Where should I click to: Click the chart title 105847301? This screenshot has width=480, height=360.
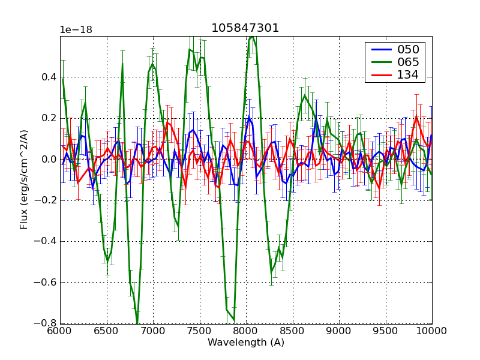(245, 28)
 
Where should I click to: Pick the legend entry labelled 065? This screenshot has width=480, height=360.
(407, 62)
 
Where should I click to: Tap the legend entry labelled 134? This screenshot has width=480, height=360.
(407, 75)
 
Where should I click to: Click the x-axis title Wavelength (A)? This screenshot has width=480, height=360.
(246, 343)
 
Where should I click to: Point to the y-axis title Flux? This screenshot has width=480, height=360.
(24, 180)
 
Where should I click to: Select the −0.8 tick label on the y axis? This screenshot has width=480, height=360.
(44, 323)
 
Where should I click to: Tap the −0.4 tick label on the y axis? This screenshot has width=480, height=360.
(44, 241)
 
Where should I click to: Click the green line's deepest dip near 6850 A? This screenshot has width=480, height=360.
(137, 323)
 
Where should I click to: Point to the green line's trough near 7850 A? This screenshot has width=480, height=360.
(233, 321)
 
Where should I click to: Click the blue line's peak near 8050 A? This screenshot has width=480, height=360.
(248, 116)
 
